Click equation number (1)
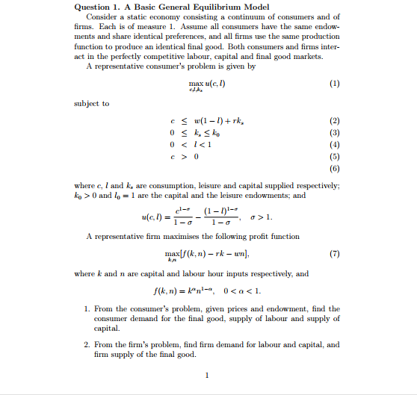(x=334, y=83)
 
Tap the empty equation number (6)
(x=334, y=168)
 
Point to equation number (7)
(x=334, y=252)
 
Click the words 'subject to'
(x=91, y=103)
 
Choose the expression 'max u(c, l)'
(x=208, y=82)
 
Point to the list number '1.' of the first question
(x=88, y=308)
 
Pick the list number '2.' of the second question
(x=88, y=344)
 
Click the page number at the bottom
(x=208, y=376)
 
